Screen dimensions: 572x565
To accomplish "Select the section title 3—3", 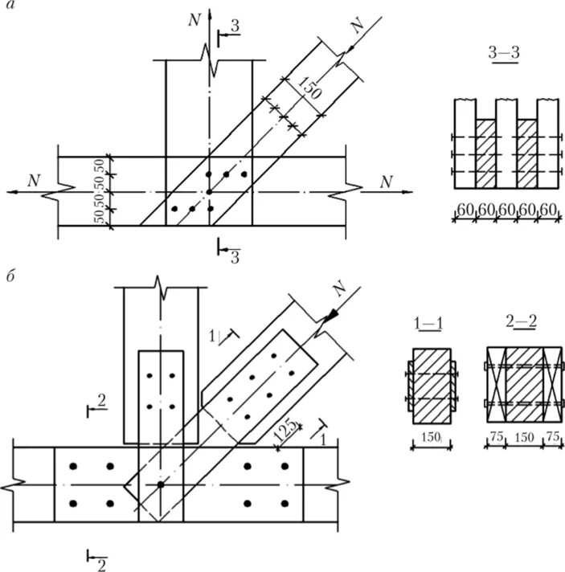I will pos(503,52).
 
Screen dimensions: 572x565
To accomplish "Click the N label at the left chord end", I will pos(33,181).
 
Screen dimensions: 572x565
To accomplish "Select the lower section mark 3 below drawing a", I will pos(235,257).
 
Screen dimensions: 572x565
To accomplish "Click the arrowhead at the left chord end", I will pos(10,192).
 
